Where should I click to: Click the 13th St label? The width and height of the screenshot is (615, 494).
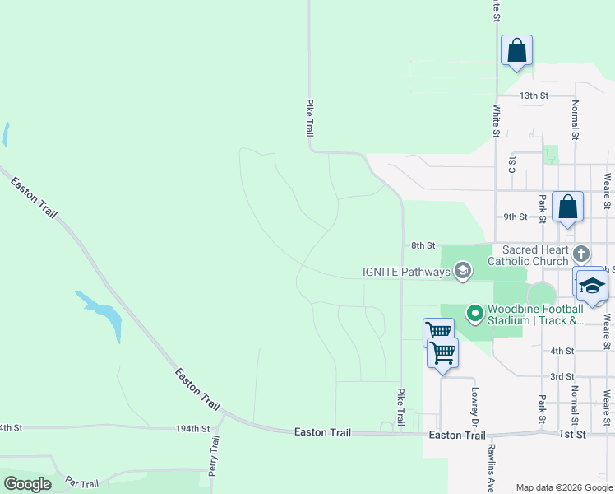click(x=534, y=96)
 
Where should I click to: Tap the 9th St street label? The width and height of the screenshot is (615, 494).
click(x=515, y=217)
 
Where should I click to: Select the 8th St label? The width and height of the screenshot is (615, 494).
click(x=422, y=245)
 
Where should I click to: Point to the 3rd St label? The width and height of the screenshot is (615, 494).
click(x=562, y=376)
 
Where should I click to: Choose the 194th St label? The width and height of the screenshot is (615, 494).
click(x=193, y=429)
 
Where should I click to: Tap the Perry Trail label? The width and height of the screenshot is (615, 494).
click(x=215, y=457)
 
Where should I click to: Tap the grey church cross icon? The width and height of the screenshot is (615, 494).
click(x=582, y=254)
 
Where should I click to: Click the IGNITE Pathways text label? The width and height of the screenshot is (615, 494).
click(x=407, y=272)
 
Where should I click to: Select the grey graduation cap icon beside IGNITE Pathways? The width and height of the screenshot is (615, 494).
click(x=463, y=271)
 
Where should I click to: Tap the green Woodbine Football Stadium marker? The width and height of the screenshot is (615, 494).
click(x=474, y=313)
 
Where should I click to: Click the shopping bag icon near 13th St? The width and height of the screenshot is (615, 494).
click(x=516, y=50)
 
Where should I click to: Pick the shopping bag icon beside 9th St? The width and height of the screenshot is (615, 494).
click(x=568, y=207)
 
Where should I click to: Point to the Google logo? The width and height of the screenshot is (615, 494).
click(x=27, y=484)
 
